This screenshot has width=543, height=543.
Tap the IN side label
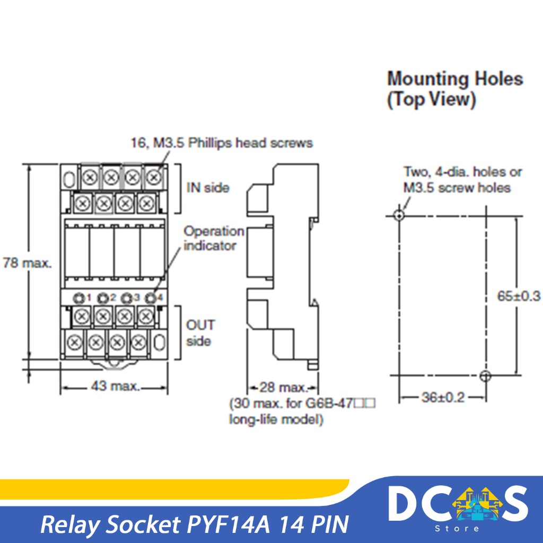point(207,188)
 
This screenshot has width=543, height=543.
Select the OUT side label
point(200,332)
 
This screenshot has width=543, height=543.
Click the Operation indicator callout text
point(214,239)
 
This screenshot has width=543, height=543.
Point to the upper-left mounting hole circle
point(399,215)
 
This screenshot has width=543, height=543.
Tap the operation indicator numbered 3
point(127,297)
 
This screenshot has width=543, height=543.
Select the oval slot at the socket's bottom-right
point(157,342)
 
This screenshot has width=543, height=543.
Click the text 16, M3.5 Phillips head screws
point(222,143)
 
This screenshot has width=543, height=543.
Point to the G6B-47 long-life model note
point(302,412)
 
